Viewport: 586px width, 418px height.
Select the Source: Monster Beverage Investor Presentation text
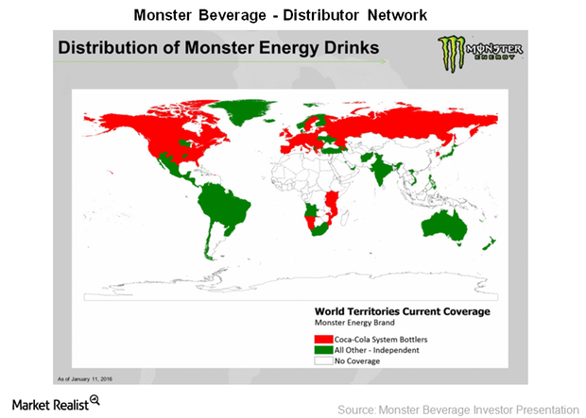click(x=457, y=409)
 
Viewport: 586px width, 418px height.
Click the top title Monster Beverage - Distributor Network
click(x=292, y=15)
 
